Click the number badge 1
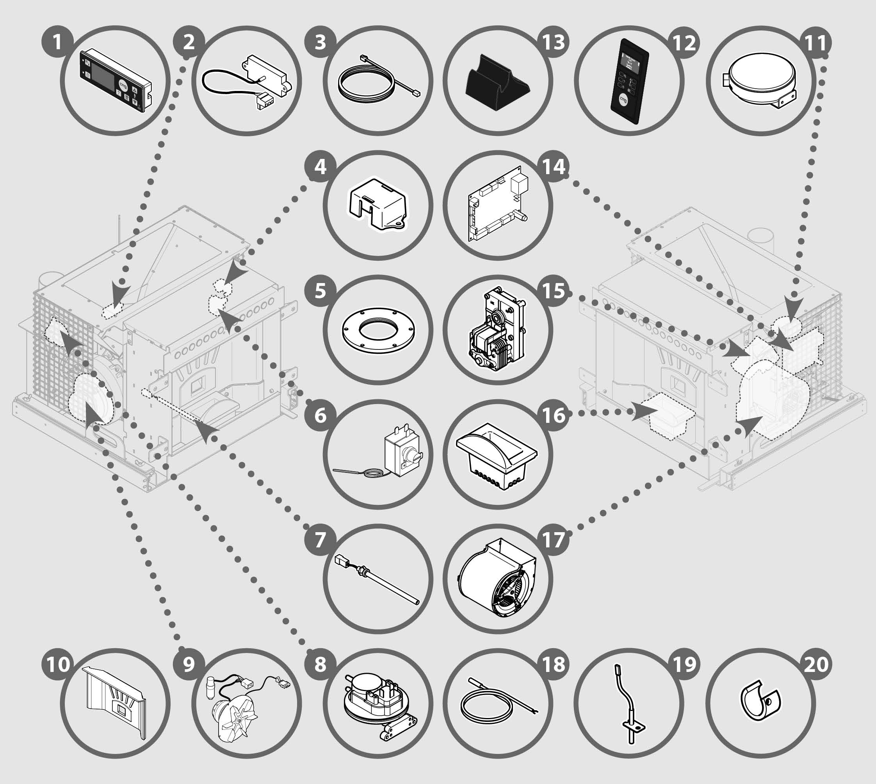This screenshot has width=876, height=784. click(57, 42)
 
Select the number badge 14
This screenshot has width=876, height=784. click(554, 167)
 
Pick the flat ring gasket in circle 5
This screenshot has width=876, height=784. click(378, 331)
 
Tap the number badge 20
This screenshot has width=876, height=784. click(816, 664)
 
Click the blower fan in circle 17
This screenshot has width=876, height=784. click(497, 579)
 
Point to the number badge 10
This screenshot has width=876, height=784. click(57, 664)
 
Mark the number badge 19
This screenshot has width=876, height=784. click(684, 664)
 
